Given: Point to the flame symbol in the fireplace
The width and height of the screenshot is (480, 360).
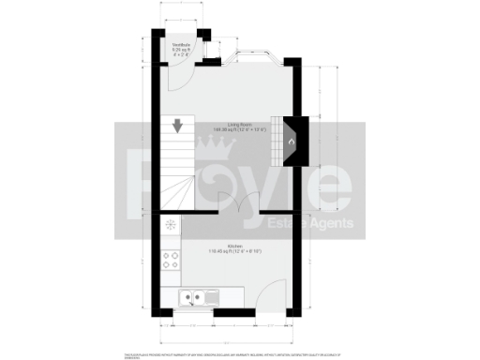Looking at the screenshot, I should (291, 142).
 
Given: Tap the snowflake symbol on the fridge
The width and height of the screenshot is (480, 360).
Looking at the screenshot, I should (171, 225).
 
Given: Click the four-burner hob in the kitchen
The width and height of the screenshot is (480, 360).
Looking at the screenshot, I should (171, 262).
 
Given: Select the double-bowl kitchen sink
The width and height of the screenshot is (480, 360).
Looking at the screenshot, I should (193, 298).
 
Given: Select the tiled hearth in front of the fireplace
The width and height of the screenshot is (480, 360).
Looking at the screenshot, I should (277, 142).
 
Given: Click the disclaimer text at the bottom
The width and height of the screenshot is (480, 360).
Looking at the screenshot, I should (240, 355).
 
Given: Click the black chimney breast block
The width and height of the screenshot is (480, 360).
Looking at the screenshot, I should (296, 142).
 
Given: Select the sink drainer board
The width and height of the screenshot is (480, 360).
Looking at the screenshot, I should (214, 298).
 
